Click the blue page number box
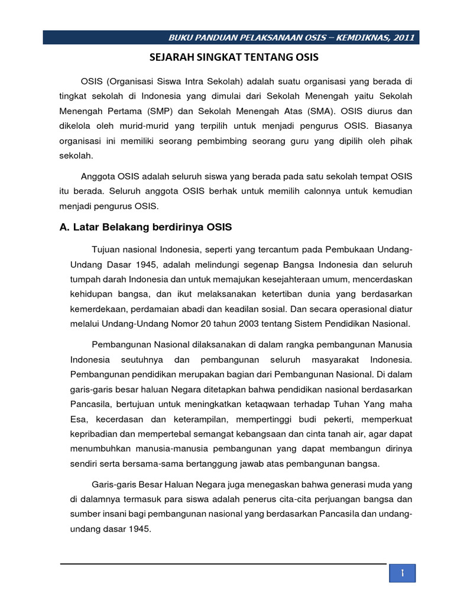tap(402, 573)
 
